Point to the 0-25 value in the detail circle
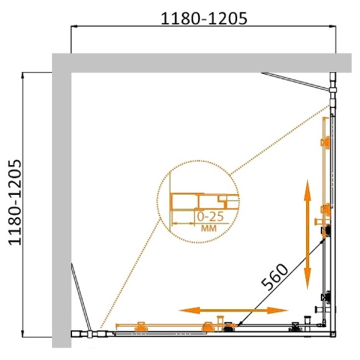209,217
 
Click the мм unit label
209,228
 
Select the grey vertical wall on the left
61,205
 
